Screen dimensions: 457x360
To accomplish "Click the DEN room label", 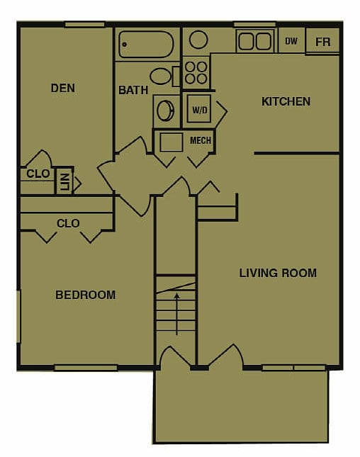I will coord(63,89).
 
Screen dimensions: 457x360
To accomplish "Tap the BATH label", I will coord(133,90).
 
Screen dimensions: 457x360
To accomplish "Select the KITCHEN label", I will coord(286,101).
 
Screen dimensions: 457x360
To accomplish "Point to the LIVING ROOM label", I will coord(278,273).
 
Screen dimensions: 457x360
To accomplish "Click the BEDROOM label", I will coord(85,295).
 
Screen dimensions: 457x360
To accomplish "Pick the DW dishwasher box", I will coord(291,41).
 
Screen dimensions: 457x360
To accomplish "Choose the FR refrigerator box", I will coord(323,42).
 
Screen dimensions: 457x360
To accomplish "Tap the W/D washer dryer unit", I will coord(198,111).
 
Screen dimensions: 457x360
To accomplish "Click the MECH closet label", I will coord(201,140).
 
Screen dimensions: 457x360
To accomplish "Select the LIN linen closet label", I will coord(64,183).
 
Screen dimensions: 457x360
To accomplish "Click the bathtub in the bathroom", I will coord(146,44).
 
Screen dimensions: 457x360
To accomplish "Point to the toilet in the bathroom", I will coord(161,76).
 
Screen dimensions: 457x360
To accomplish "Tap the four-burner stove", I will coord(196,72).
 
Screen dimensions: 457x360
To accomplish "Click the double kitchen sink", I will coord(254,41).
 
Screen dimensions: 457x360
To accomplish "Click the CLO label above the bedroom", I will coord(68,223).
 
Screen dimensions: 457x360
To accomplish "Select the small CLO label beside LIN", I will coord(38,174).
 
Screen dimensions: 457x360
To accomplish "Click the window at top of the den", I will coord(84,25).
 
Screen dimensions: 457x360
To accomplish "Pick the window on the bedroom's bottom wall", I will coord(86,368).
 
